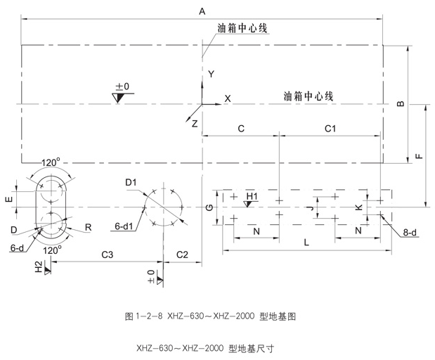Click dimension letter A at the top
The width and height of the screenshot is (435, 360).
(x=202, y=11)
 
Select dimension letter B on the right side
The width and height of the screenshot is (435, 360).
(x=401, y=104)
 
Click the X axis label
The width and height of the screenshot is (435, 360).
(x=227, y=98)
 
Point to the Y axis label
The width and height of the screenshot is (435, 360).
(x=210, y=74)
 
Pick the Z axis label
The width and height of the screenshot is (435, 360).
(x=195, y=122)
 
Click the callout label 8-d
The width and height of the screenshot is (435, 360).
(x=409, y=232)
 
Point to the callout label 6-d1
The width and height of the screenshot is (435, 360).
(x=124, y=226)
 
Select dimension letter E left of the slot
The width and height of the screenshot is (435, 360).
(x=9, y=200)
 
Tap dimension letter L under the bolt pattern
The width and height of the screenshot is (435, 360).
(x=306, y=242)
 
